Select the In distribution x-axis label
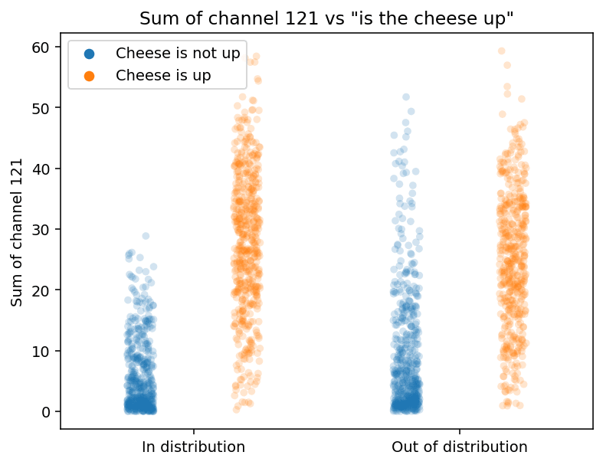(194, 447)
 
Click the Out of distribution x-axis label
(460, 447)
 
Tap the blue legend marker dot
(90, 54)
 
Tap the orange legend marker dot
(90, 75)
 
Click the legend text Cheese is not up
(178, 54)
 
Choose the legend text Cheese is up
(163, 75)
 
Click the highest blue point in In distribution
(146, 236)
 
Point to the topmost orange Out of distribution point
(502, 51)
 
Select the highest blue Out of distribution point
(406, 97)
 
